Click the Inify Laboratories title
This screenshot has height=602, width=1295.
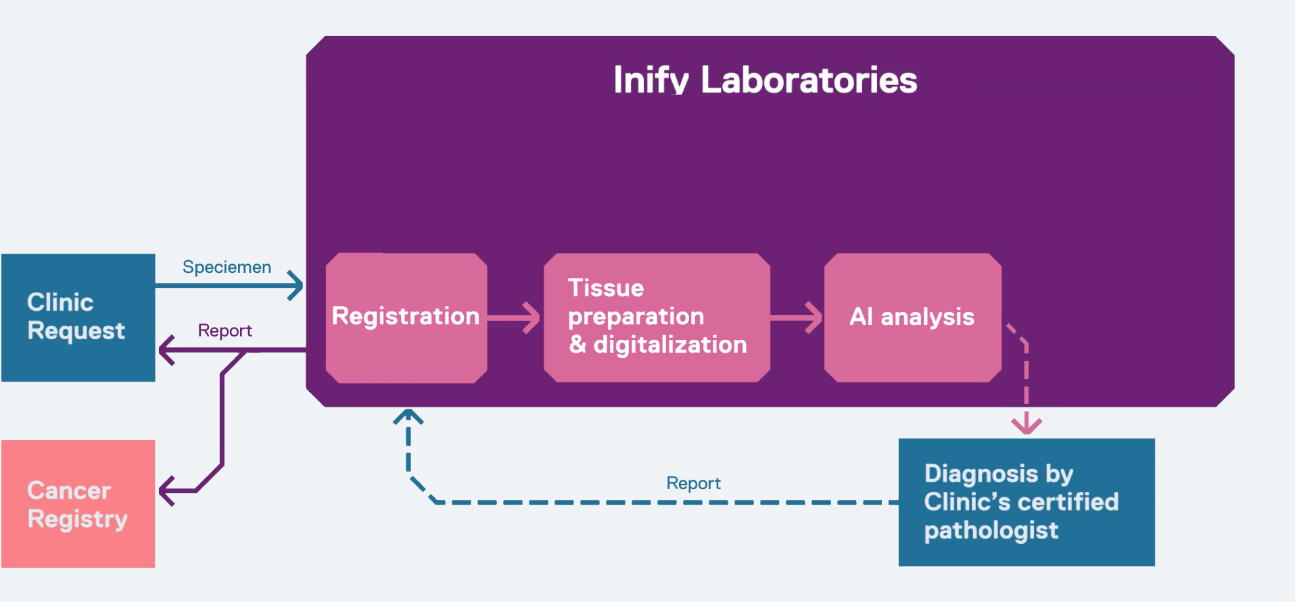[765, 80]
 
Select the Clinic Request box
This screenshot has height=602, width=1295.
[78, 318]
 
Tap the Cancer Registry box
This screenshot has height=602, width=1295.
[78, 504]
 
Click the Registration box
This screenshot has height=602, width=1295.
[406, 318]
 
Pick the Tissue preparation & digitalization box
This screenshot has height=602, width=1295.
[657, 318]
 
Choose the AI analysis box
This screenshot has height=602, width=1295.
[913, 318]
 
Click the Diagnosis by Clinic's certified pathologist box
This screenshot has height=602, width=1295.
[1027, 502]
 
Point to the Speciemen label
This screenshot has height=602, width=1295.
[227, 267]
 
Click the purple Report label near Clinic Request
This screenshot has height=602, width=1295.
[225, 330]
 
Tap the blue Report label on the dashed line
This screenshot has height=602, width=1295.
[693, 483]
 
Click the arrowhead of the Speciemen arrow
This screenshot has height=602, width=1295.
[296, 286]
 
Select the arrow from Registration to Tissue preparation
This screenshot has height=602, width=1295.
[513, 318]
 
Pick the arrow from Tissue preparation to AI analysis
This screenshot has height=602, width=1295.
[796, 318]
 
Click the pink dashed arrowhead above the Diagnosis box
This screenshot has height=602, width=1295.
[1027, 426]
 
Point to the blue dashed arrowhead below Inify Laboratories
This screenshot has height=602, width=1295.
[408, 416]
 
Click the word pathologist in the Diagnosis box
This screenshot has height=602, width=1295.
[991, 531]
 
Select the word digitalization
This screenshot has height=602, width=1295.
[670, 345]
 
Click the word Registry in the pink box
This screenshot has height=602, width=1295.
[77, 520]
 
